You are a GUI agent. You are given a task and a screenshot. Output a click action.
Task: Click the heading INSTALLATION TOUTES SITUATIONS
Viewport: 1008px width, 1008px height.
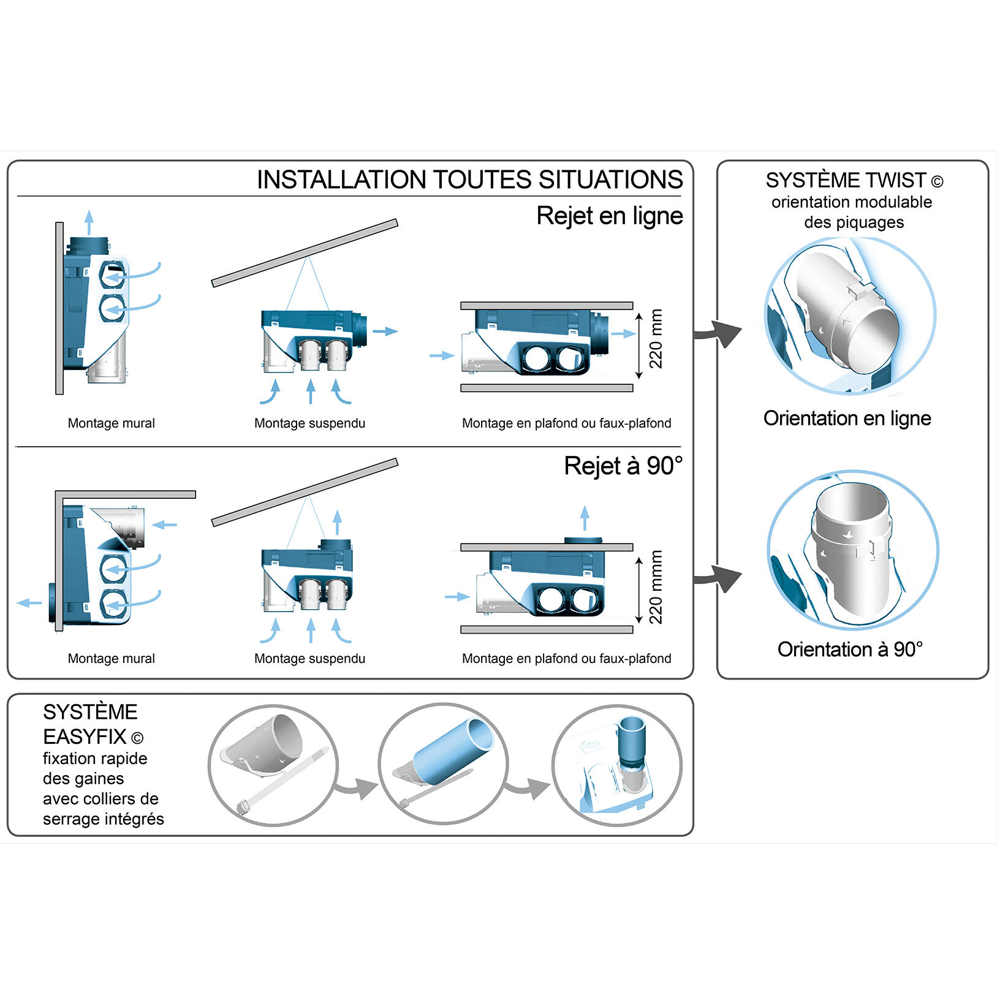469,180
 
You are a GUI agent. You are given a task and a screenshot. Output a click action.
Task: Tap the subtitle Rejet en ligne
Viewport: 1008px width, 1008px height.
609,216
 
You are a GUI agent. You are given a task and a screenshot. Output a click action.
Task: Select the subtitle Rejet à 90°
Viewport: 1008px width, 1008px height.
623,466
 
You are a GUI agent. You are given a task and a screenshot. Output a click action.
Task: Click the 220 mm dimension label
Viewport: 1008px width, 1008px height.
656,339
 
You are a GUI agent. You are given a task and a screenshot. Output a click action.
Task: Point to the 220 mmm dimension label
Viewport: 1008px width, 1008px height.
656,587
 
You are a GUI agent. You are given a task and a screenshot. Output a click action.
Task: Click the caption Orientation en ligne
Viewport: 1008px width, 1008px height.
847,418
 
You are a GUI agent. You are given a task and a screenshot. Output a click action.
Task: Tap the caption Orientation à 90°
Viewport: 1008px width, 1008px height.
850,650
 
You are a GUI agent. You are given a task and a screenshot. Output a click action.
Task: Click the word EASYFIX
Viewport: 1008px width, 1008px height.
85,736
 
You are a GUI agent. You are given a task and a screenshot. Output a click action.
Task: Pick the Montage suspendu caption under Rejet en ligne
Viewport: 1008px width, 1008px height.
309,423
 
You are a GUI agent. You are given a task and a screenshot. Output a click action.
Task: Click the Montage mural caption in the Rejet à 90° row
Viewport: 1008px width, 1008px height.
111,659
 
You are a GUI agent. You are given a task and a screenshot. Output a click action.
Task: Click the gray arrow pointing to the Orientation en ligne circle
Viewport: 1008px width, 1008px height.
719,333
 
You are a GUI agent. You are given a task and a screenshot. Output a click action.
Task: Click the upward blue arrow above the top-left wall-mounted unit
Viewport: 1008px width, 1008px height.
89,222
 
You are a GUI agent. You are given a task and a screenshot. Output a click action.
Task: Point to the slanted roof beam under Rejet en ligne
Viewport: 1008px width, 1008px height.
305,252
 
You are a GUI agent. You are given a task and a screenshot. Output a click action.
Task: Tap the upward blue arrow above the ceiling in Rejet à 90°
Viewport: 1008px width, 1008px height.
585,518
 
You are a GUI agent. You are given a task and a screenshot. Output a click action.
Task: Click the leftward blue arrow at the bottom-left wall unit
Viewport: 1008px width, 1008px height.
28,603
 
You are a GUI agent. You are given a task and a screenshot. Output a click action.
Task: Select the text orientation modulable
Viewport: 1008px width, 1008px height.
851,202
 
